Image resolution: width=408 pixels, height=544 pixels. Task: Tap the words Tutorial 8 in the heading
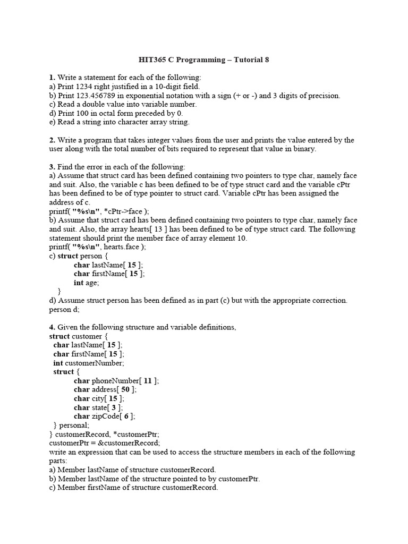point(251,59)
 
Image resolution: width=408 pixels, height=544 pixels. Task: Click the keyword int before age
point(79,283)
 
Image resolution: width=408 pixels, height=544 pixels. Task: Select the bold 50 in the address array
point(125,389)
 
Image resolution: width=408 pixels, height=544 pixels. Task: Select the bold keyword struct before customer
point(59,336)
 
